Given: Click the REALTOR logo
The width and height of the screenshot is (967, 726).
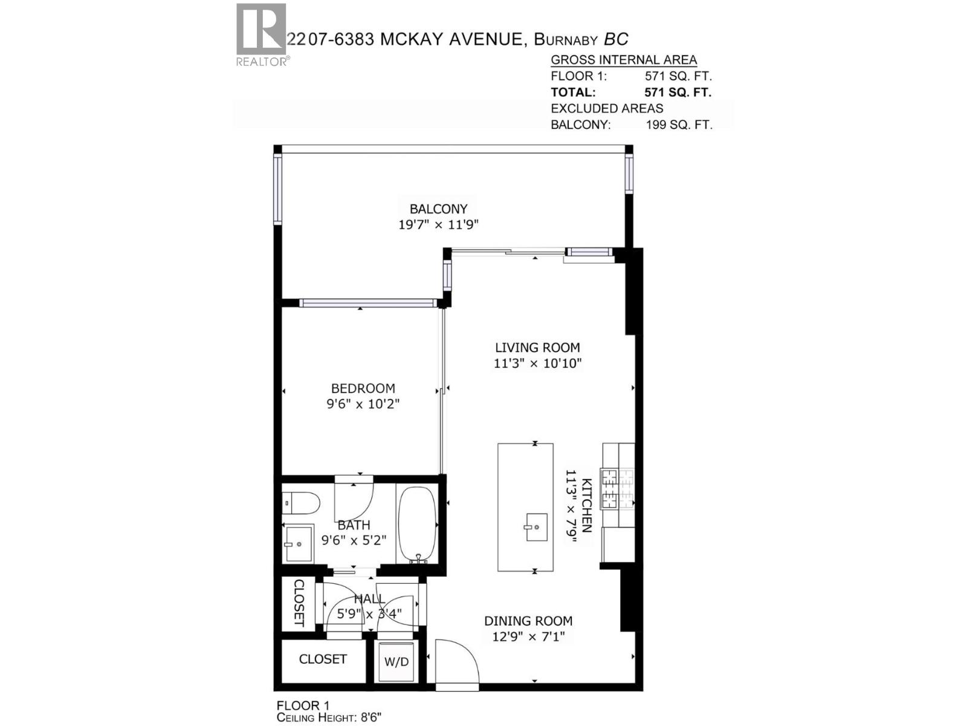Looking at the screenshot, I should [261, 34].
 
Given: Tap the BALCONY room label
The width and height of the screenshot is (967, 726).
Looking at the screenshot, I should [438, 209].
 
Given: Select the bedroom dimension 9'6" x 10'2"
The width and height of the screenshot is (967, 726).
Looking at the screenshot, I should [363, 404].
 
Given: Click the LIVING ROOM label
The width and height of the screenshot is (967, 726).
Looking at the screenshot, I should [537, 348].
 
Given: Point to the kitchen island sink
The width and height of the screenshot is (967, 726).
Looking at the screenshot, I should [535, 527].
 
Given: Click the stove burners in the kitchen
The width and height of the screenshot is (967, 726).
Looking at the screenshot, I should [617, 488].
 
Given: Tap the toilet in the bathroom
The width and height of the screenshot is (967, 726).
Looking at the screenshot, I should [300, 502].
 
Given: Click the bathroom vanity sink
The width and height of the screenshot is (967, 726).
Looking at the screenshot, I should [298, 543].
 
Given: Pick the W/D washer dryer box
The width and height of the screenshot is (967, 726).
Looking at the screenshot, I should [396, 662].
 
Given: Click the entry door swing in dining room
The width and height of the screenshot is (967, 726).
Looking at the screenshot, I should [457, 662].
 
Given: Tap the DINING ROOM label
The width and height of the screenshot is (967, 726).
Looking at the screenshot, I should [528, 621].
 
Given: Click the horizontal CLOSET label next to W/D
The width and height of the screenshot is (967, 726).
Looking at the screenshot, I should [323, 659].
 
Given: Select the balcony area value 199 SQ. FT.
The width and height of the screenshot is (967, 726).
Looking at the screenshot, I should [679, 125].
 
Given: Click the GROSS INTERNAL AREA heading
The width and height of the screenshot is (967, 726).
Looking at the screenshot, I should [624, 60].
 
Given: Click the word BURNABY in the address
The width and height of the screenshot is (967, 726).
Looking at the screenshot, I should [567, 40].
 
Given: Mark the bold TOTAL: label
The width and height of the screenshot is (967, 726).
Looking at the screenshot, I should [573, 93].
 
